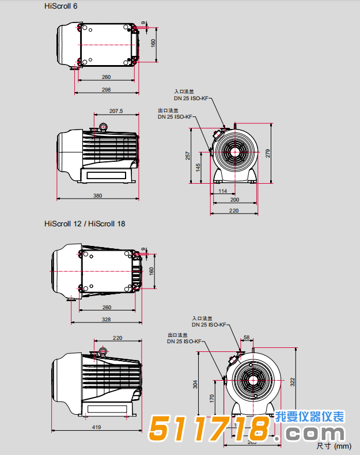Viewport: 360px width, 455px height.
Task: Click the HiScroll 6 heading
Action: click(x=60, y=6)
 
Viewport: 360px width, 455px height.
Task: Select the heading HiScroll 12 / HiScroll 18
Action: click(x=85, y=223)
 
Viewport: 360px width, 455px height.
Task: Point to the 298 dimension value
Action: click(x=107, y=89)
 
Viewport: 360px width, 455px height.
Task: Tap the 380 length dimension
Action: click(x=97, y=196)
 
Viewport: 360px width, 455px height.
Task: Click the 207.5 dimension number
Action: click(x=116, y=112)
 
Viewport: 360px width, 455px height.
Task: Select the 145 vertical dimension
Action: click(x=198, y=168)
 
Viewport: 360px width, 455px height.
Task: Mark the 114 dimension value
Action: click(x=223, y=191)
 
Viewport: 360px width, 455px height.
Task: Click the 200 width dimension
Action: click(x=234, y=199)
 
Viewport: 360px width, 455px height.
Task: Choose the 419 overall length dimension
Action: click(x=97, y=427)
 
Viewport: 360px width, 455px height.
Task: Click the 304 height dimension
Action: click(x=195, y=384)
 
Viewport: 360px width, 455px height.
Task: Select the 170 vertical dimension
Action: click(x=211, y=397)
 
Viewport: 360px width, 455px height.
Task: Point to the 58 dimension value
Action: click(x=247, y=337)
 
